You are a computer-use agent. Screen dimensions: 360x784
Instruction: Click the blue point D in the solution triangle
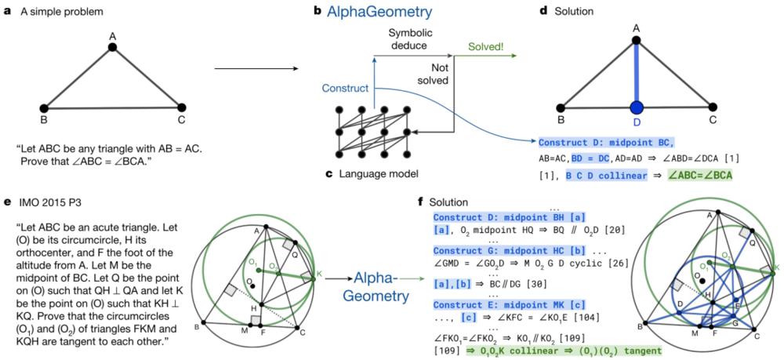click(x=636, y=106)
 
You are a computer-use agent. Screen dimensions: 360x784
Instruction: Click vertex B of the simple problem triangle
click(x=44, y=107)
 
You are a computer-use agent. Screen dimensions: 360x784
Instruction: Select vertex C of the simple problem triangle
click(x=180, y=107)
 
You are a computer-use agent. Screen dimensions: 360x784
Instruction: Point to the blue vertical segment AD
click(x=636, y=75)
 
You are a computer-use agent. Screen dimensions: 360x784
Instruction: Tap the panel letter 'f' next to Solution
click(x=425, y=202)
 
